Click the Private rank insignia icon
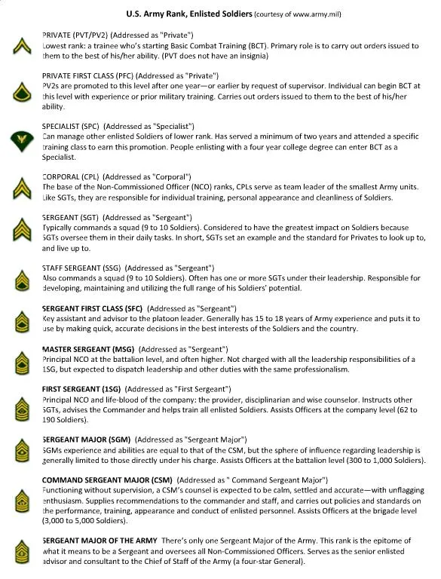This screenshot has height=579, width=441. (20, 48)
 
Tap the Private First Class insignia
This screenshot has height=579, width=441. (20, 93)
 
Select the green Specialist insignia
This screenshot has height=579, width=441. (20, 140)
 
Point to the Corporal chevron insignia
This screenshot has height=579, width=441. (20, 187)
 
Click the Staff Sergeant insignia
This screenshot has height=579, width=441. (20, 281)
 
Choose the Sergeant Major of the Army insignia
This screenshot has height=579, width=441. (20, 553)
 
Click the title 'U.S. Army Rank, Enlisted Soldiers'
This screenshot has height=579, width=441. (188, 14)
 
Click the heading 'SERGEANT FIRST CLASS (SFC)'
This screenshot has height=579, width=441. (92, 309)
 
